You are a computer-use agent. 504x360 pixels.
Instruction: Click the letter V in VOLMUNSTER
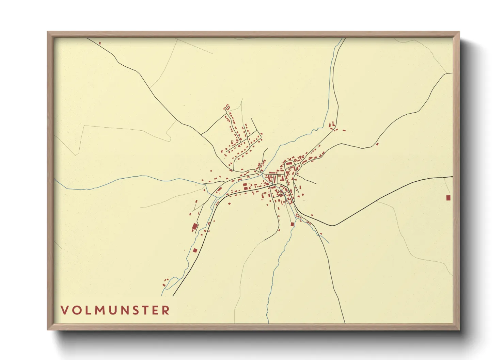(65, 310)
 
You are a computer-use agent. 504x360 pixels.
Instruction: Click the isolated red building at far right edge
(448, 198)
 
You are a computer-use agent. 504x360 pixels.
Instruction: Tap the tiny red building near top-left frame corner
(100, 43)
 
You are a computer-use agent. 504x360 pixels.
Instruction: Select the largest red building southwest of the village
(195, 227)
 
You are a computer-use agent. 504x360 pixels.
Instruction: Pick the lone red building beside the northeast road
(377, 144)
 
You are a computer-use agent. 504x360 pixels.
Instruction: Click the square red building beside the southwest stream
(195, 250)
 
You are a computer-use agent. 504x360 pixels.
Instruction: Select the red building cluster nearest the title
(166, 281)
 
